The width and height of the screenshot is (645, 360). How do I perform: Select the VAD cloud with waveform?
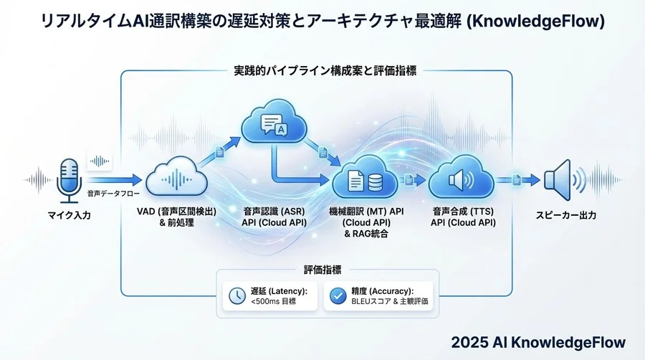[176, 178]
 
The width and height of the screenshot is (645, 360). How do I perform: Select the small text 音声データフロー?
[111, 194]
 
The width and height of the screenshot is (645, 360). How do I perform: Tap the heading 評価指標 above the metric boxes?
[322, 270]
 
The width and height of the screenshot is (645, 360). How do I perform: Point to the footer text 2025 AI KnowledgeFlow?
[538, 342]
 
